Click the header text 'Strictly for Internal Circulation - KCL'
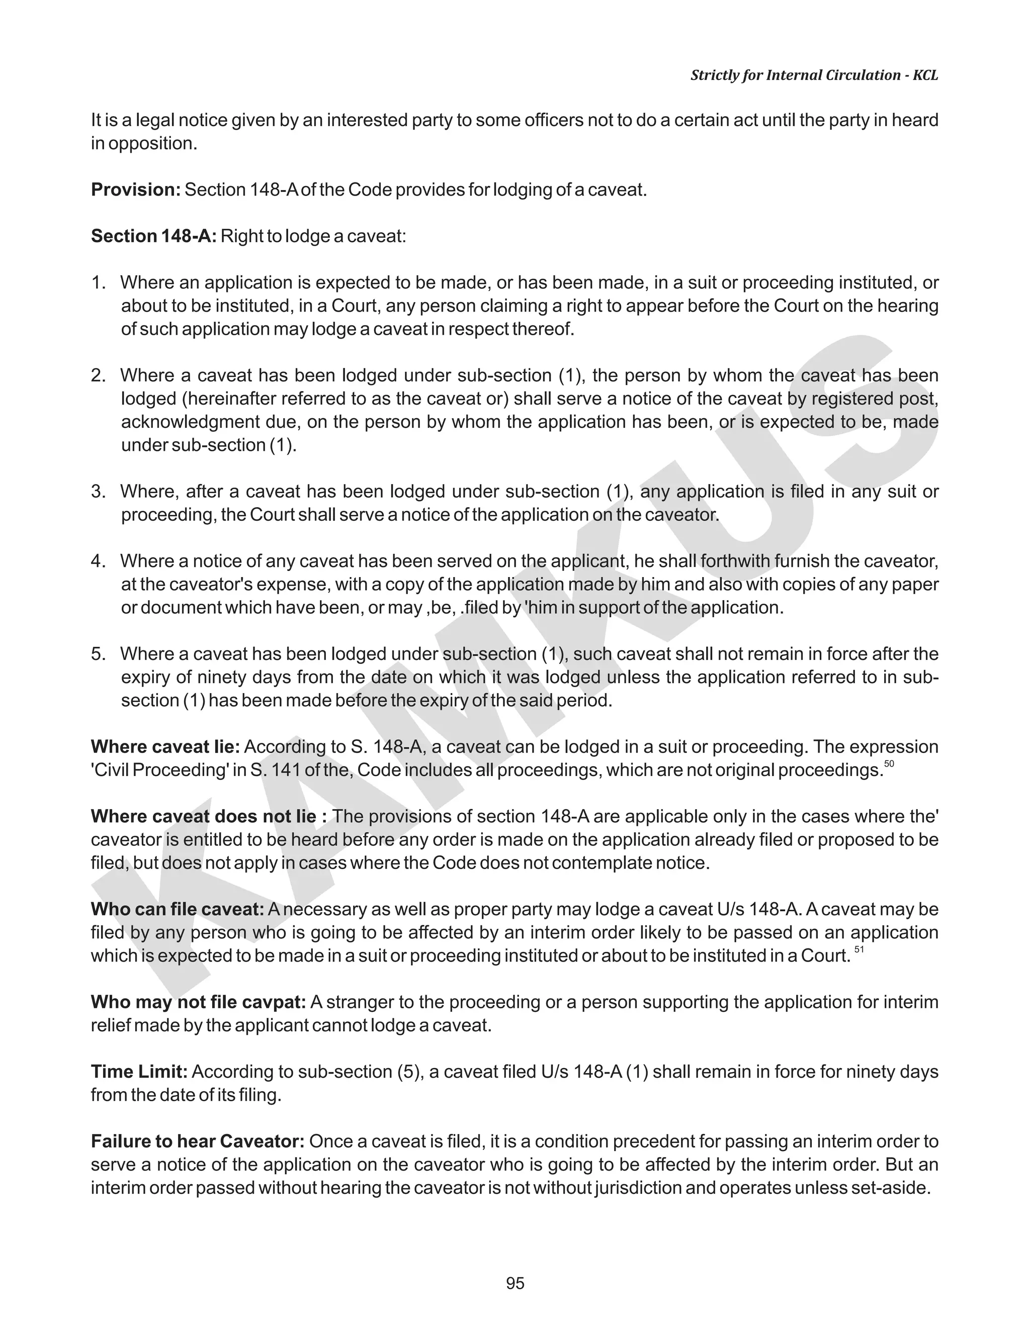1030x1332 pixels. (x=814, y=75)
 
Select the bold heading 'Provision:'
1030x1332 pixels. (x=135, y=189)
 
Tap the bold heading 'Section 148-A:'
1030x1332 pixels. (x=153, y=236)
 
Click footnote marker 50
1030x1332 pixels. (x=889, y=764)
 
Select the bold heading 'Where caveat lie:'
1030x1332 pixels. (x=165, y=746)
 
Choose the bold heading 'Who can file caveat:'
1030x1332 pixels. (x=177, y=909)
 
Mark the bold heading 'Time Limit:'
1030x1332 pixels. (x=139, y=1072)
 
